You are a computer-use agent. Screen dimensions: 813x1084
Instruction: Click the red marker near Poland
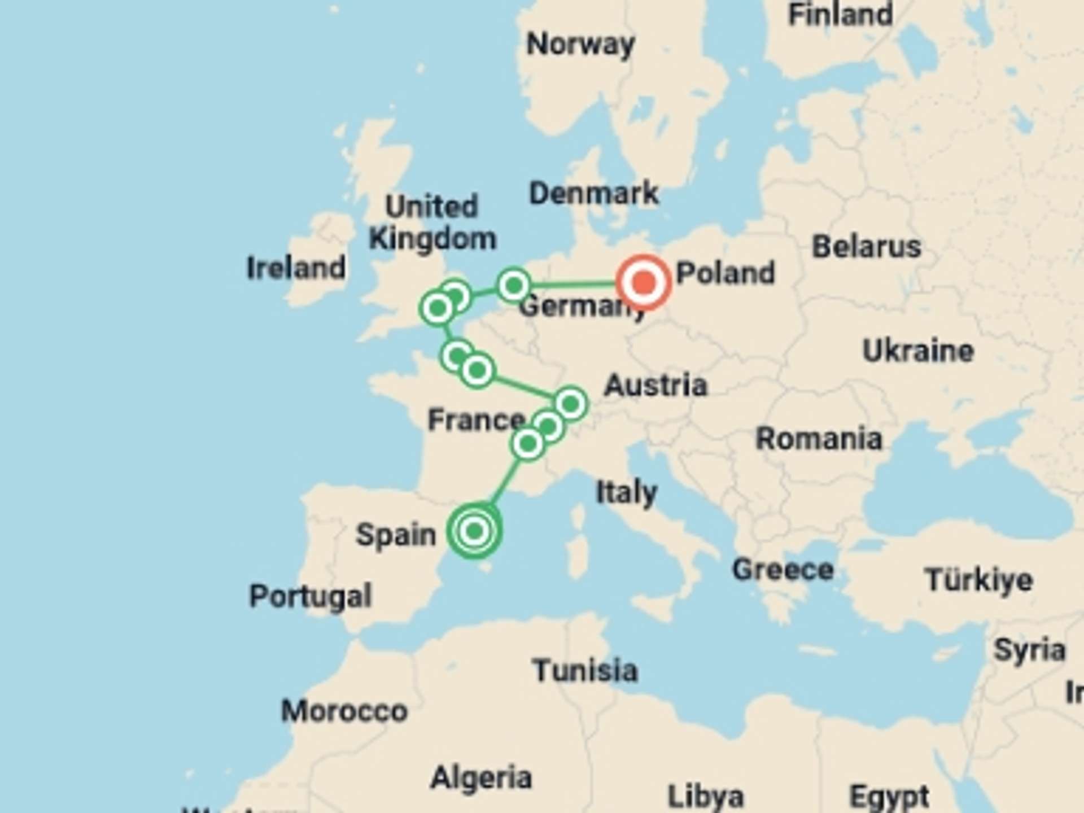(644, 282)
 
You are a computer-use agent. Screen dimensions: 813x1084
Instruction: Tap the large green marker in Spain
(474, 531)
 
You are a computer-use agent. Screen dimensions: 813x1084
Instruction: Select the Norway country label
(580, 44)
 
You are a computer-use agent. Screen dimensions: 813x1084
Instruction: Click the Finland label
(840, 15)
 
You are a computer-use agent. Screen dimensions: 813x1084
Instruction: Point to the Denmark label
(593, 194)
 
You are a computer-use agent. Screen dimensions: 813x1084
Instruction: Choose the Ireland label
(296, 268)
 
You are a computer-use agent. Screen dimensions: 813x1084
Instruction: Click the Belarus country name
(866, 247)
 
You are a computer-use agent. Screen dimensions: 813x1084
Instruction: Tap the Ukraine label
(918, 351)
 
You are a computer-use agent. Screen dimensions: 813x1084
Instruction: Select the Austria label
(655, 386)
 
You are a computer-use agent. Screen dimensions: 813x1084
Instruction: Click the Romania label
(819, 439)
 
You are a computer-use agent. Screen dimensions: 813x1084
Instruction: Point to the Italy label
(627, 493)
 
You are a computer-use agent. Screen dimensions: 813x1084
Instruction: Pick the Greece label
(783, 570)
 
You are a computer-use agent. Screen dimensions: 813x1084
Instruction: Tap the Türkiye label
(979, 580)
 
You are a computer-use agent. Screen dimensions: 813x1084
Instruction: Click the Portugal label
(311, 596)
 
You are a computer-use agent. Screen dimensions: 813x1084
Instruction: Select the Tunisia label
(585, 671)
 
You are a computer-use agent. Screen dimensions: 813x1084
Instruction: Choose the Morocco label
(344, 711)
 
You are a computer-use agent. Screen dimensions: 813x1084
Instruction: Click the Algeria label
(481, 778)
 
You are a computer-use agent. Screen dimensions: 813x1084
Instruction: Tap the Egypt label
(889, 797)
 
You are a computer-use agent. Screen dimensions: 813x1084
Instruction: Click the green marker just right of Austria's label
(571, 404)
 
